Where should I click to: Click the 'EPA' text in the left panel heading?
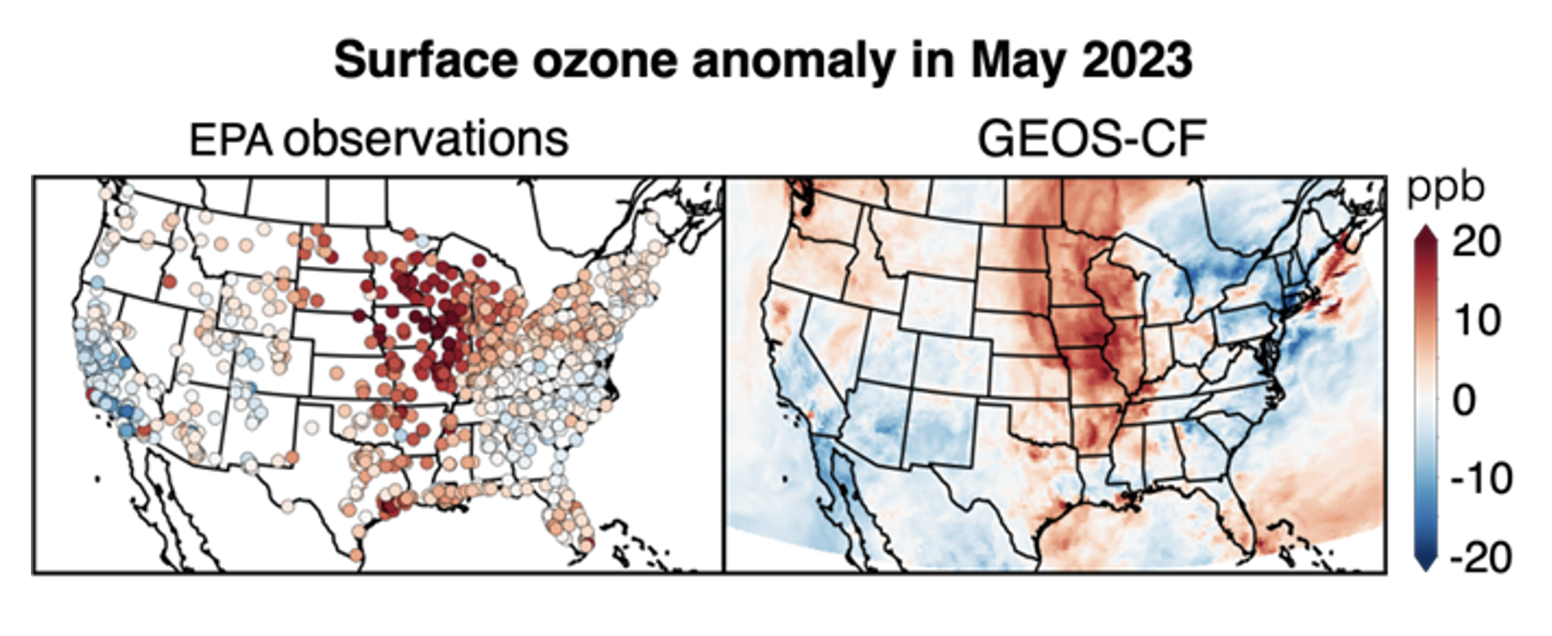230,140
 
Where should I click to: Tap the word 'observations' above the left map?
425,140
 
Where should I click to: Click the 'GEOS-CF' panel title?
1091,140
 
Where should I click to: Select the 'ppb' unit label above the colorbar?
1445,188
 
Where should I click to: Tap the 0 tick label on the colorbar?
1464,400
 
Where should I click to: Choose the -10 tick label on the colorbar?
1481,479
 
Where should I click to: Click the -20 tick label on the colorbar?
1481,558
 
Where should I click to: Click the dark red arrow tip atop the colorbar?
1425,234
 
